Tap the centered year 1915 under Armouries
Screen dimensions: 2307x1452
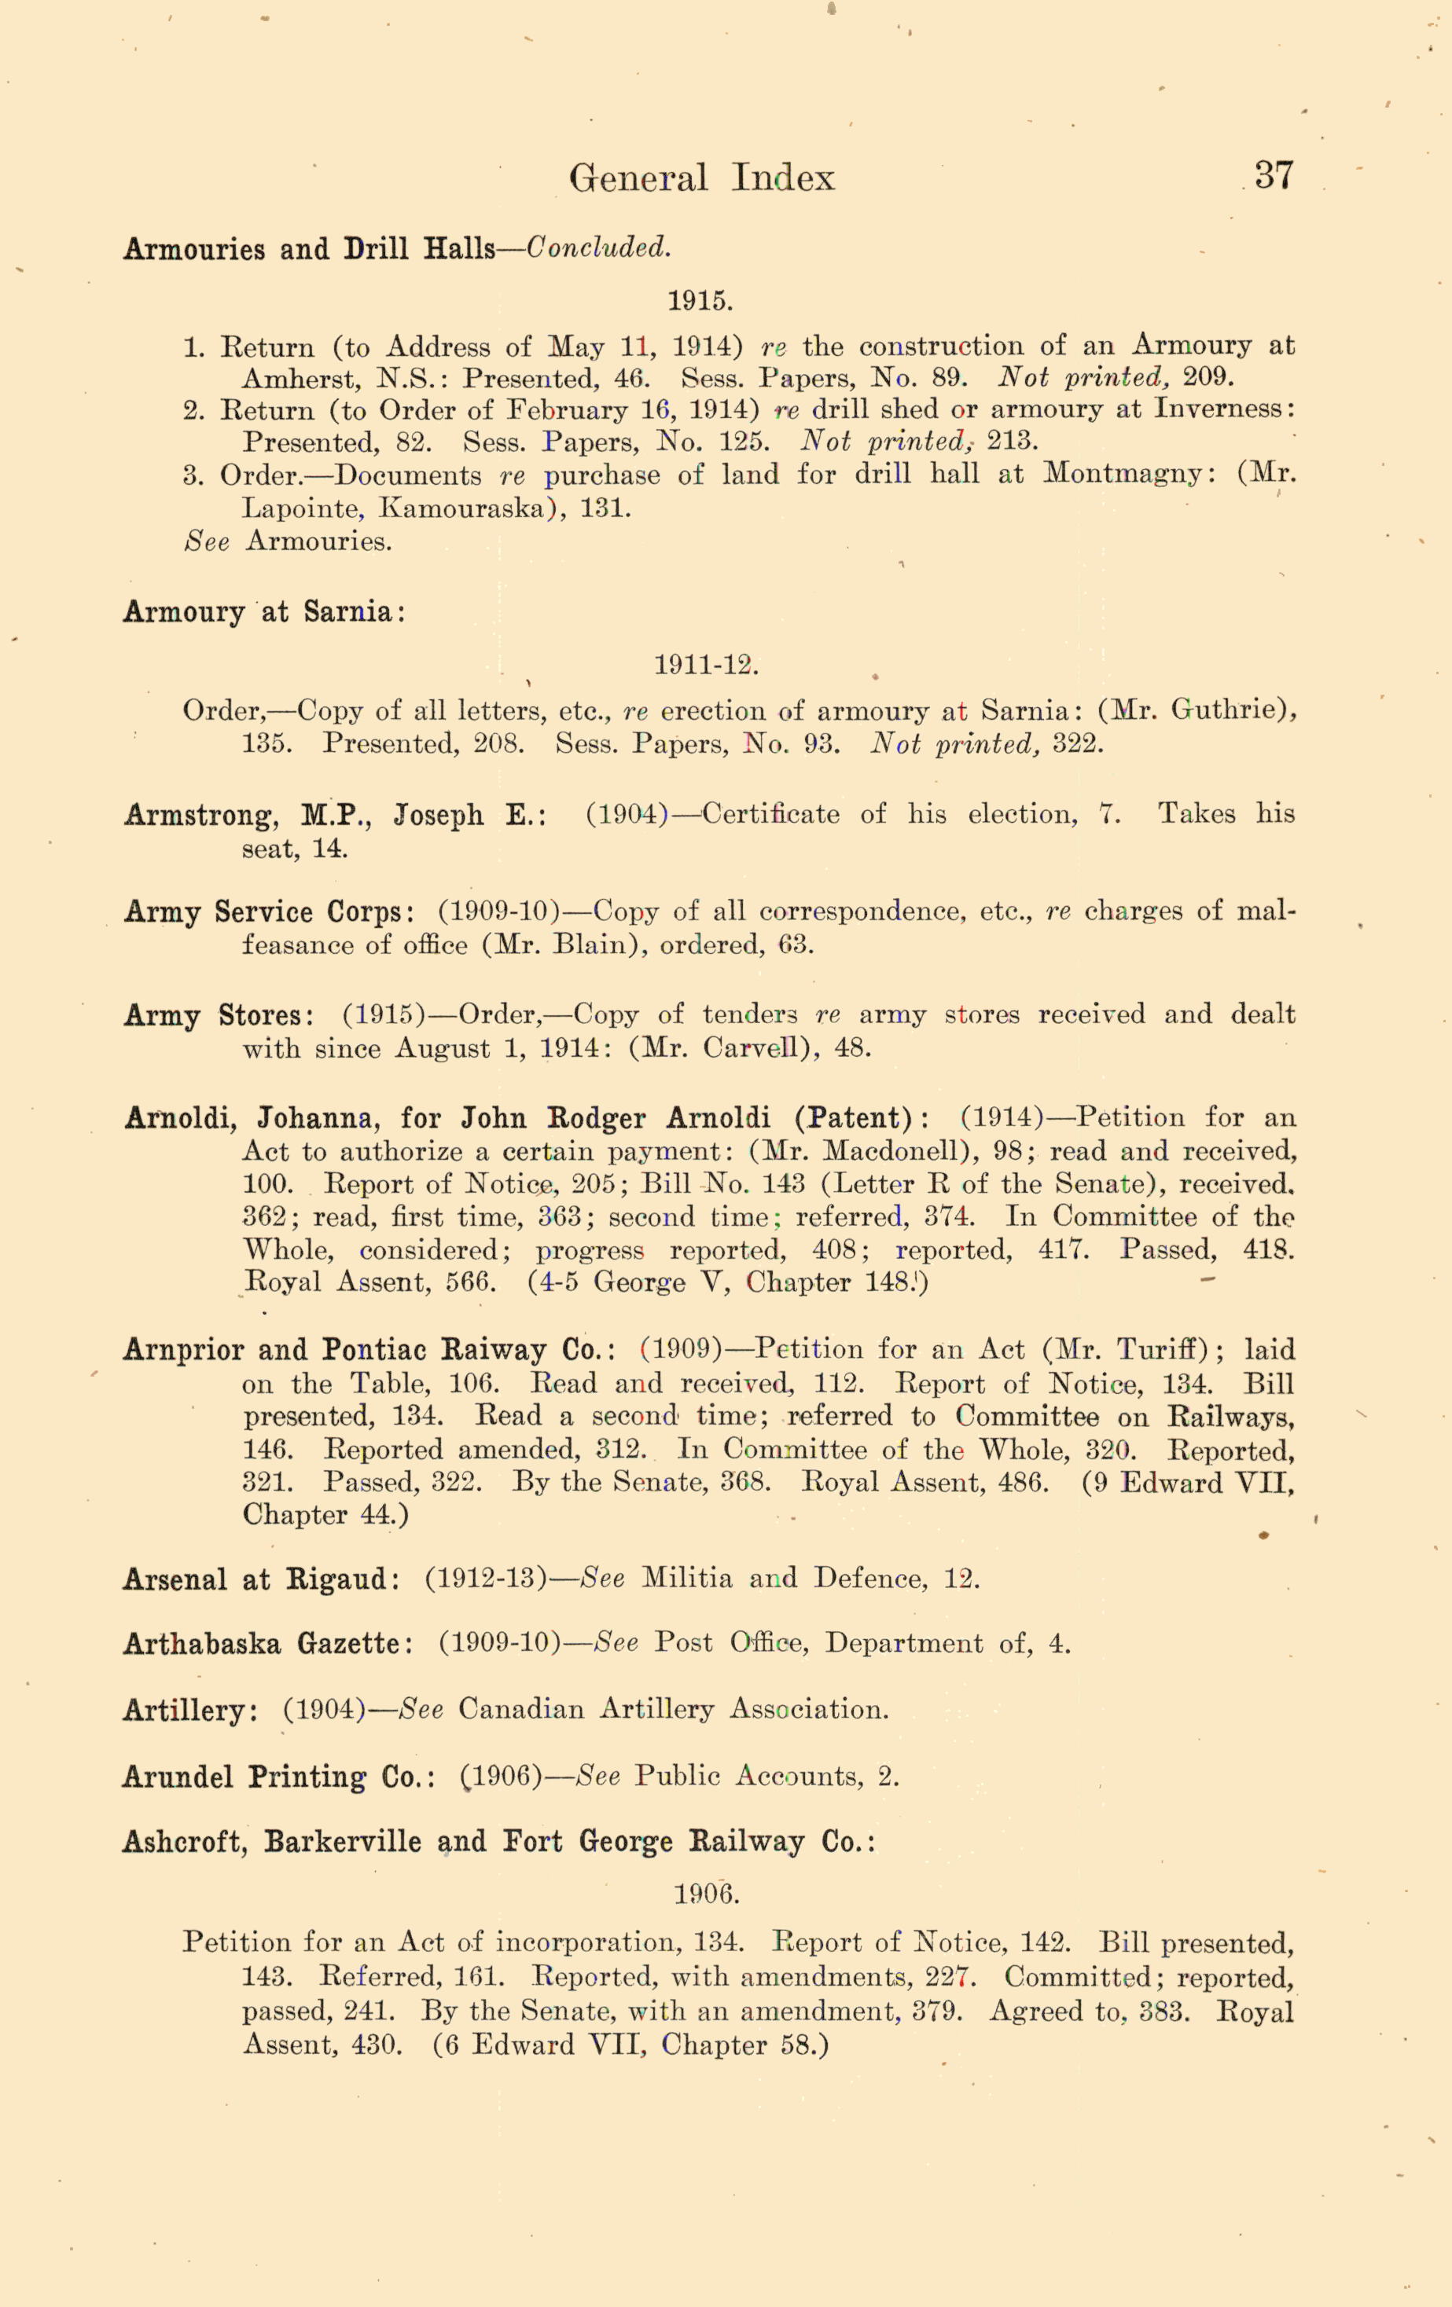click(700, 301)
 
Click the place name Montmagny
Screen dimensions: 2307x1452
click(1123, 475)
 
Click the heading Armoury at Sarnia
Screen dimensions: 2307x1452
click(263, 612)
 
